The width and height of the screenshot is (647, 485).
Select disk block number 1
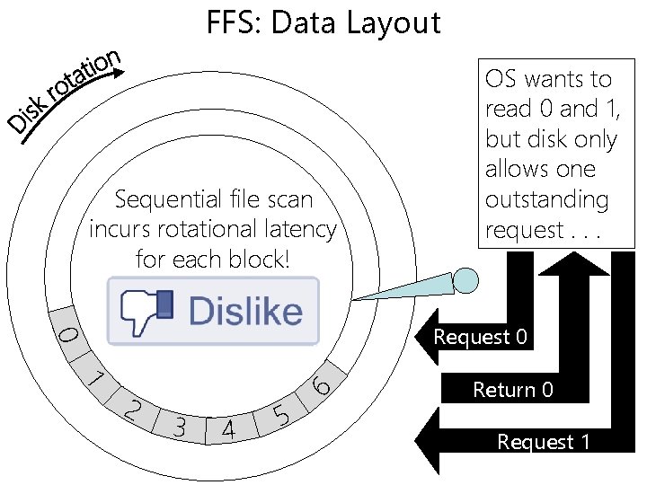tap(96, 378)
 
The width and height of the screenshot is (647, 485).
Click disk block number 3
tap(180, 427)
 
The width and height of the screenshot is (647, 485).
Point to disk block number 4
tap(228, 430)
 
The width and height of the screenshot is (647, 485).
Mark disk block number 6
tap(321, 386)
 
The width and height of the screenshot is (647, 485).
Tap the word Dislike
tap(245, 312)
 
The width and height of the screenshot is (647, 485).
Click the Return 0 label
tap(513, 390)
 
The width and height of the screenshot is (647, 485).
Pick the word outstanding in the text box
tap(546, 199)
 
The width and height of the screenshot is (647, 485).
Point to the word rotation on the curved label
tap(83, 76)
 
